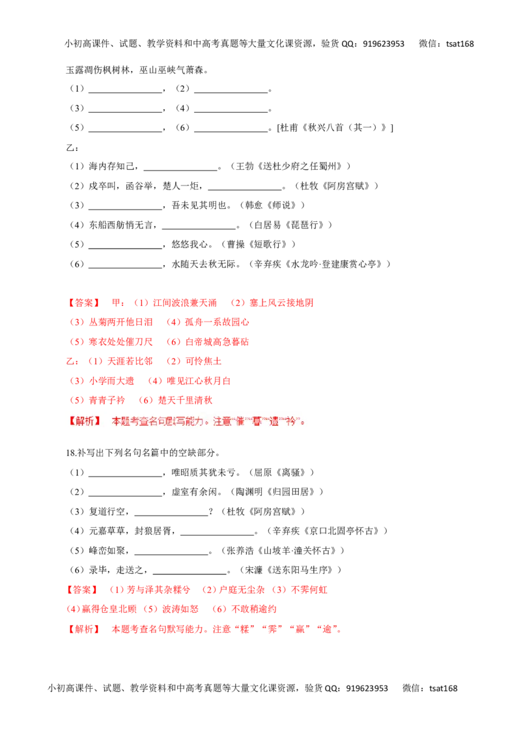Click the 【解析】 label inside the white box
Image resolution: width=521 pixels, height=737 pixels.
(x=85, y=421)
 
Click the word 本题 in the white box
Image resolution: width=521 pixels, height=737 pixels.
(x=121, y=421)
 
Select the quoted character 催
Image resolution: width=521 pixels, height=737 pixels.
(x=239, y=421)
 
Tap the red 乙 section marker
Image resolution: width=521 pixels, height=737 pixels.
(x=68, y=360)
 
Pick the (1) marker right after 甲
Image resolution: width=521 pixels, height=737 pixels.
(x=141, y=303)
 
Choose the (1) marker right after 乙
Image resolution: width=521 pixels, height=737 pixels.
(x=95, y=360)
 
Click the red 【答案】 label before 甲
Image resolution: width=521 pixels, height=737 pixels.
(x=83, y=303)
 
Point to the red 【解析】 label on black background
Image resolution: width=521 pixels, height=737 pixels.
(x=83, y=630)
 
